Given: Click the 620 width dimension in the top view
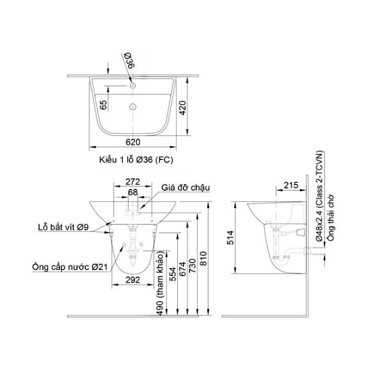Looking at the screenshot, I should coord(133,142).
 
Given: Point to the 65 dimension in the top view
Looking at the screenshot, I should coord(103,105).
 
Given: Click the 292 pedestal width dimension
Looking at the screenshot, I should coord(132,280).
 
